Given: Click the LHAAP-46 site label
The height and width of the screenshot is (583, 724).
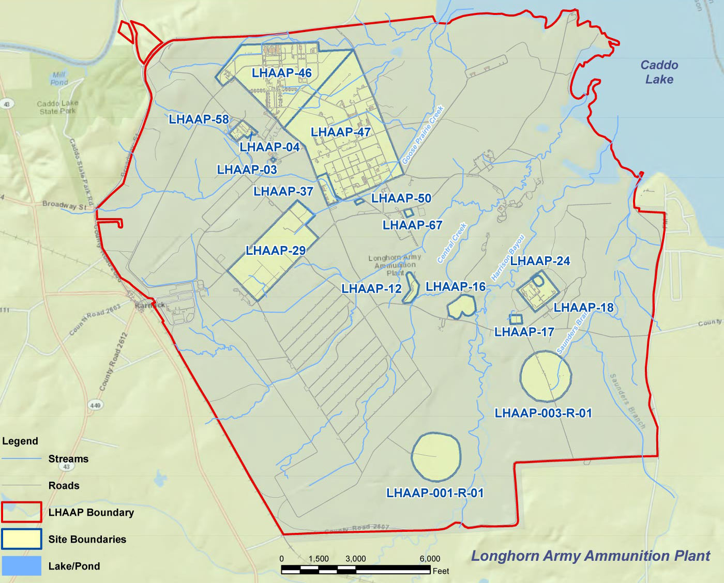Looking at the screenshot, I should click(281, 73).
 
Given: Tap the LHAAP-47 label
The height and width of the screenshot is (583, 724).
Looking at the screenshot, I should click(340, 132).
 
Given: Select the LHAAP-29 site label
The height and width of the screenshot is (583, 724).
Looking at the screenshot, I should click(275, 251).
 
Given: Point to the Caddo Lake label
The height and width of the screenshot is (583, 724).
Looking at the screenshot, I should click(659, 72).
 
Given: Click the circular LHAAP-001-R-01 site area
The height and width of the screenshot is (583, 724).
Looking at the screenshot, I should click(435, 457).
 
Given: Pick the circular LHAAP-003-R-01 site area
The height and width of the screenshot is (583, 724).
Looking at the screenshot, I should click(545, 376).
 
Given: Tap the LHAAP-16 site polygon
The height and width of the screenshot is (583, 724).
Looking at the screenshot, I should click(461, 308).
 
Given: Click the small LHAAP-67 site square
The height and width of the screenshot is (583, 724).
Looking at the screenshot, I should click(409, 212).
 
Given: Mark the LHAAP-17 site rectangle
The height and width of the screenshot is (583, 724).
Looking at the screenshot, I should click(516, 319).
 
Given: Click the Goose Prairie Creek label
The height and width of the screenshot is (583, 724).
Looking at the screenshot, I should click(423, 135).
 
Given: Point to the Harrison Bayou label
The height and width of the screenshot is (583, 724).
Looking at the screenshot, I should click(508, 257).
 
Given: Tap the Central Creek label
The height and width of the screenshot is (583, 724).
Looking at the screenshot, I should click(452, 243).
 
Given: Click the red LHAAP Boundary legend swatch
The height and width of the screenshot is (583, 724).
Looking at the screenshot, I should click(21, 512).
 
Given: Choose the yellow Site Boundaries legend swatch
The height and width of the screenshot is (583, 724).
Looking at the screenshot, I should click(21, 539).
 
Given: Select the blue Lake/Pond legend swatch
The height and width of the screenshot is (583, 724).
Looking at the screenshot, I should click(21, 566).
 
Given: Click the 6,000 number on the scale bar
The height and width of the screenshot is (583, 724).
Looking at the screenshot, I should click(430, 559).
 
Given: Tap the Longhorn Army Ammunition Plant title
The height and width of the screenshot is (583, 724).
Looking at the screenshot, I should click(590, 556).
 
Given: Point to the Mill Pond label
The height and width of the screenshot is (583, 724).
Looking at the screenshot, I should click(59, 79).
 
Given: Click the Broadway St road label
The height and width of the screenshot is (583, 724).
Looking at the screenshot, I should click(64, 205).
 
